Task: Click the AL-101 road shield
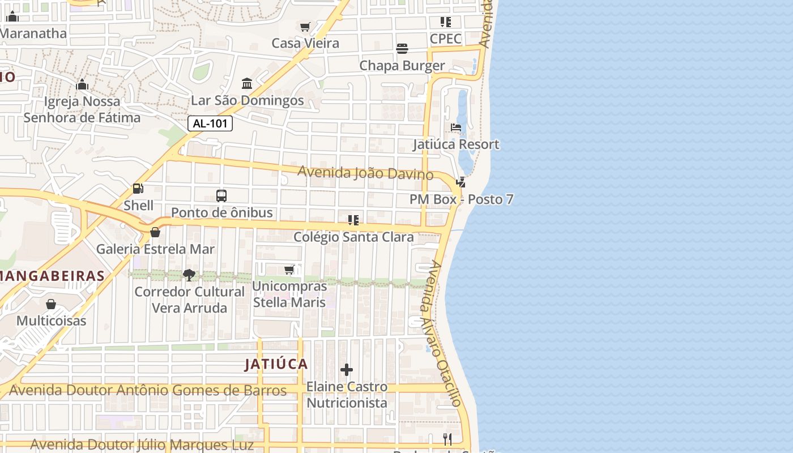210,123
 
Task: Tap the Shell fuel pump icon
138,189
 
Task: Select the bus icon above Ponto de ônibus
221,196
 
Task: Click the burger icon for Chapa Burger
402,49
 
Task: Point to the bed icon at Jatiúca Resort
456,127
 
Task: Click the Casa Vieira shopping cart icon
305,27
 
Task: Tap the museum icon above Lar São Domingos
247,84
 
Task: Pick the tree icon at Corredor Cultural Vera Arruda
189,275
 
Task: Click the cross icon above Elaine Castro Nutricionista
347,370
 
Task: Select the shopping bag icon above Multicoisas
51,304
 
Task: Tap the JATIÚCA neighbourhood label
276,364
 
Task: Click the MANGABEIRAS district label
53,276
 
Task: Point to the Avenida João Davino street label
365,173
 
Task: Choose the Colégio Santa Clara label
353,237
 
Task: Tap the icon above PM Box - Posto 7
461,182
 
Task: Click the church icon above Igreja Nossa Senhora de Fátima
82,85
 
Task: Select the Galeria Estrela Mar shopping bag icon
155,232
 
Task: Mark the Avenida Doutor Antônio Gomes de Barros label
148,390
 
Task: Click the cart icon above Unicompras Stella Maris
289,270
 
